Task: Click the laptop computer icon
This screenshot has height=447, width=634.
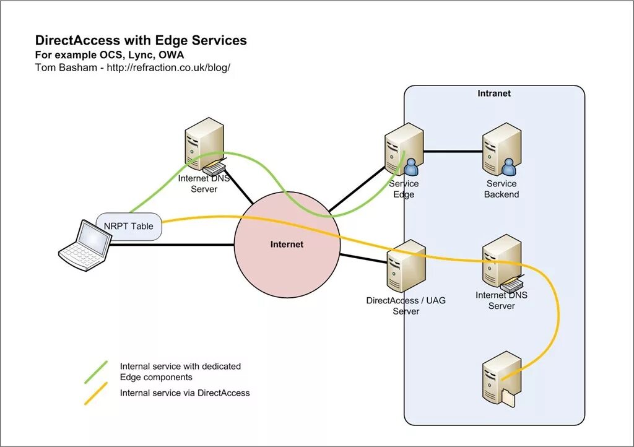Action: coord(85,245)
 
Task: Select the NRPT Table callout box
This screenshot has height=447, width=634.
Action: coord(129,227)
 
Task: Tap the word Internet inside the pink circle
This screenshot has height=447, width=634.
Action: coord(287,244)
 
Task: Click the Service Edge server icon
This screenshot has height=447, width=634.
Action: coord(404,150)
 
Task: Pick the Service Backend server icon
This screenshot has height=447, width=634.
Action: coord(502,150)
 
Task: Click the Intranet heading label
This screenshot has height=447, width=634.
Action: coord(494,93)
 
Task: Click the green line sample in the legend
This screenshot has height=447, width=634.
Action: coord(96,372)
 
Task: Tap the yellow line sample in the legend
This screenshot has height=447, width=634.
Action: coord(96,393)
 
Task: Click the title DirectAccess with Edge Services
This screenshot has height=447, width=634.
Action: coord(141,40)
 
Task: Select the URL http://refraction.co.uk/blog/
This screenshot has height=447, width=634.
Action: coord(168,67)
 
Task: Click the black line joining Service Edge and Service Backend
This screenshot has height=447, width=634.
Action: coord(453,152)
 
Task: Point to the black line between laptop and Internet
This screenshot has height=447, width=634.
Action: coord(172,245)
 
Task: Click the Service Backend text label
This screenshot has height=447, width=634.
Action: coord(502,189)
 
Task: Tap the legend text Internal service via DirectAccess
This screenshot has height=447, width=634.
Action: coord(185,393)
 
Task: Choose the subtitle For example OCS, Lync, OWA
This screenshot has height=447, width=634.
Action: coord(110,55)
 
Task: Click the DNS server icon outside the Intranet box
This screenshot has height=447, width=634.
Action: coord(204,146)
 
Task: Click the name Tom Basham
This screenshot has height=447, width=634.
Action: coord(66,67)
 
